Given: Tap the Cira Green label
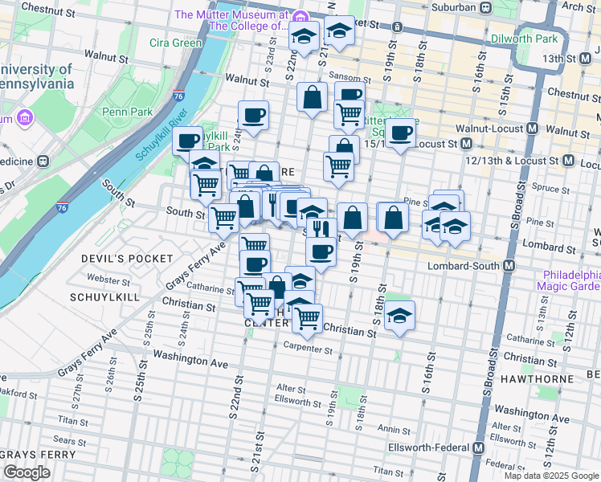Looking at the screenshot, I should pos(175,43).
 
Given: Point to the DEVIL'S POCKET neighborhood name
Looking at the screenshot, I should pos(127,258).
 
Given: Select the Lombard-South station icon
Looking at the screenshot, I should pos(509,266).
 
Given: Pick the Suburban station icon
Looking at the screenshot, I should pos(486,7).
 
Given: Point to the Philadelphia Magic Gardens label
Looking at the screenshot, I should pos(566,280).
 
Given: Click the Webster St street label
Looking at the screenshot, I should pos(108,280).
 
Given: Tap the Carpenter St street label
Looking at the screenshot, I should pos(307,349).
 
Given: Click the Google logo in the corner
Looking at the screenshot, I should pos(27,472).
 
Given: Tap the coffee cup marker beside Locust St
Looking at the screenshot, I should pos(401,134).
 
